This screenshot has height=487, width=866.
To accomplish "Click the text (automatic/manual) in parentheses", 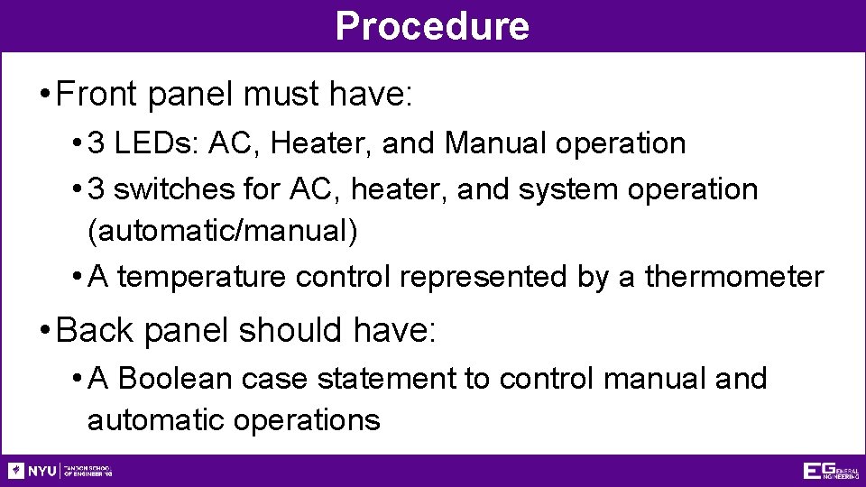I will click(223, 231).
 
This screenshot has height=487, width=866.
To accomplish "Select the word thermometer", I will click(734, 277).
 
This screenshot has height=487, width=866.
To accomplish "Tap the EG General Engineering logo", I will click(830, 471).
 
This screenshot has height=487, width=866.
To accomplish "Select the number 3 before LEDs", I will click(98, 143).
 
